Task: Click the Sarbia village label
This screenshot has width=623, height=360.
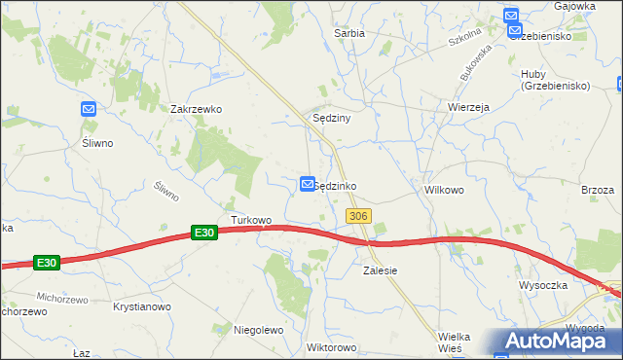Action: (x=349, y=33)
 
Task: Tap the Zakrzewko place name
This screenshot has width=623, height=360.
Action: (x=196, y=110)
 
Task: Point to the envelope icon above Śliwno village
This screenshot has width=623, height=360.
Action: (x=89, y=110)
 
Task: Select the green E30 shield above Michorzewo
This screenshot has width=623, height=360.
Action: (x=47, y=263)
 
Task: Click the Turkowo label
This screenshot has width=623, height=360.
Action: (x=251, y=221)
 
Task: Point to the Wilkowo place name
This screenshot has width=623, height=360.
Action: (x=443, y=191)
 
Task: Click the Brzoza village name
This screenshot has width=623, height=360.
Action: (x=598, y=191)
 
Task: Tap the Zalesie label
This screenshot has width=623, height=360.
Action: (x=381, y=270)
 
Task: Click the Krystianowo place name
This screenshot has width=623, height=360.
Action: (x=142, y=306)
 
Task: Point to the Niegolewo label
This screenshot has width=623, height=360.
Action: (x=258, y=330)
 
